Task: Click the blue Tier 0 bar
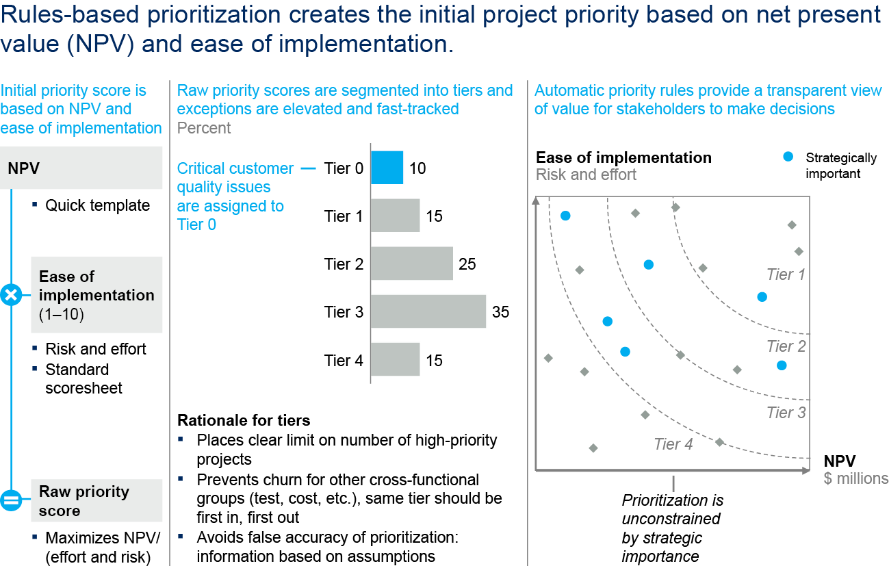387,168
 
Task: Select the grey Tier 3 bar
428,312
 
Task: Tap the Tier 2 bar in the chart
411,264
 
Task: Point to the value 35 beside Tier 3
500,312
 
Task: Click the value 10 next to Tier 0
417,168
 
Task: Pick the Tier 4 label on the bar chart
344,360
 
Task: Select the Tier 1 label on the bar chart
344,216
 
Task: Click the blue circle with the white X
11,296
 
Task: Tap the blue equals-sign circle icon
11,501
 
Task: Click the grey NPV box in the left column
85,168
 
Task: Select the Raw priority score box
96,501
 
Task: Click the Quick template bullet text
97,205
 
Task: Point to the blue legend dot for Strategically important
788,157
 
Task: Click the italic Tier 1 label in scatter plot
786,275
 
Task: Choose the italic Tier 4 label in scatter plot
673,444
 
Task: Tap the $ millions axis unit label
855,478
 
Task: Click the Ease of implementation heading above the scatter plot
623,157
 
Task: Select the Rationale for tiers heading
244,420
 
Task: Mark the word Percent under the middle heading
204,128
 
